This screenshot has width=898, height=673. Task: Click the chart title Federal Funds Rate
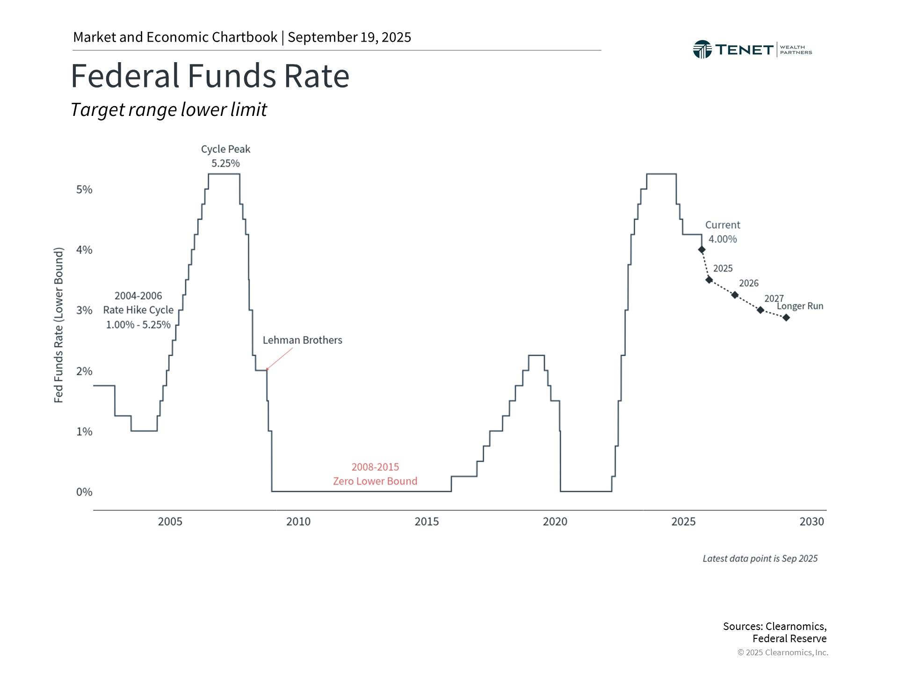point(210,76)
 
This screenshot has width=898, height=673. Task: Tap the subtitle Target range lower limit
point(168,110)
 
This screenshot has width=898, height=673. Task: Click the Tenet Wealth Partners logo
point(752,50)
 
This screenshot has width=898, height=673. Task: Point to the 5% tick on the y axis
point(84,190)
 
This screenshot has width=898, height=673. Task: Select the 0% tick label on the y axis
point(84,492)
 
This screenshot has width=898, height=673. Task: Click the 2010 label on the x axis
point(298,522)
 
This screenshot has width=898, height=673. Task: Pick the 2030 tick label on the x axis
point(811,522)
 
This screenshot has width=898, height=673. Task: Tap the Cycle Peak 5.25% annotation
point(225,156)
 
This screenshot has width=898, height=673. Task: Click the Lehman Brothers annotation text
point(302,340)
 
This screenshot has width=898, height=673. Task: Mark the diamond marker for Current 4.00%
point(702,250)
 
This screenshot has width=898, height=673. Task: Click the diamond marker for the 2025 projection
point(709,280)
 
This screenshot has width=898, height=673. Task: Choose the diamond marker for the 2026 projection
point(735,295)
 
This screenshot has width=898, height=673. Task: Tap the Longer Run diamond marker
point(786,318)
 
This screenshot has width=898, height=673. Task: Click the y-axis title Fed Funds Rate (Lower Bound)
point(58,325)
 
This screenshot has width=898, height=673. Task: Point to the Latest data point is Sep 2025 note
point(760,559)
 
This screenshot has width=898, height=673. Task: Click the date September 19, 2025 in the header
point(349,37)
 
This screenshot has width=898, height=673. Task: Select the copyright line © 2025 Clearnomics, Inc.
point(782,652)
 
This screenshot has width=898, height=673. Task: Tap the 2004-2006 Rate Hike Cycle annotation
point(138,310)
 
